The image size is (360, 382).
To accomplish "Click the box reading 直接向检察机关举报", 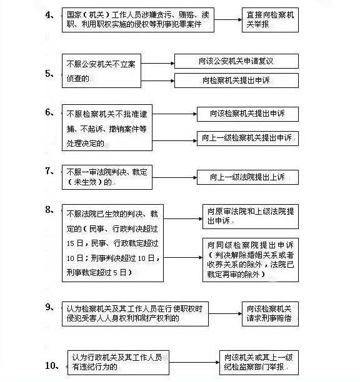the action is [270, 20].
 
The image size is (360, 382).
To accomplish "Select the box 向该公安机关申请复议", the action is [236, 61].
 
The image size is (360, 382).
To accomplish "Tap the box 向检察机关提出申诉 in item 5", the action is [236, 81].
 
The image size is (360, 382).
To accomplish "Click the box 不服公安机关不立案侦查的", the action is [101, 71].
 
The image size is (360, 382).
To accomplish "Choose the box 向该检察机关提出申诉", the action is [247, 114].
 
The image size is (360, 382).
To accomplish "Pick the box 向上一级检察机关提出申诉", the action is [247, 139].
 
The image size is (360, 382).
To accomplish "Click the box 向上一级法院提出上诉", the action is [247, 177].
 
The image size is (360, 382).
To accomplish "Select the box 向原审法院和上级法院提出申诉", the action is [251, 217].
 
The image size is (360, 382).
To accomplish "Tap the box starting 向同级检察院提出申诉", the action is [251, 260].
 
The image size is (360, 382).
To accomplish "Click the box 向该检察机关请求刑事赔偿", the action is [270, 314].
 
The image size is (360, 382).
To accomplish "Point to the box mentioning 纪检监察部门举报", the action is [259, 363].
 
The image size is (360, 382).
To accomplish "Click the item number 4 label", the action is [49, 15].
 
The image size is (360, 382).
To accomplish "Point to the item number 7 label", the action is [49, 171].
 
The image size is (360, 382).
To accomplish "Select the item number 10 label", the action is [52, 365].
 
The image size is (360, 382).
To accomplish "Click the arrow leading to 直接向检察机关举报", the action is [228, 19].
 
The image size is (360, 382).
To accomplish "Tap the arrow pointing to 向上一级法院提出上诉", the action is [174, 177].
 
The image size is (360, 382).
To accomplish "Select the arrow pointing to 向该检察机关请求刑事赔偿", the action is [225, 313].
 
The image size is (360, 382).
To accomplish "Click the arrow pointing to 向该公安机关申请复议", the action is [157, 63].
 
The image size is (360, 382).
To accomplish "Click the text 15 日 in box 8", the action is [75, 243].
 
